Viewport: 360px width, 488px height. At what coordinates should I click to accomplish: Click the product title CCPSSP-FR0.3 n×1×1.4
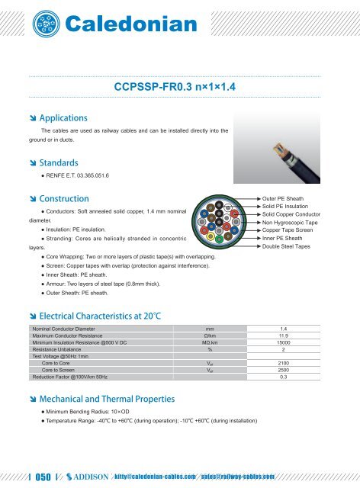(x=180, y=88)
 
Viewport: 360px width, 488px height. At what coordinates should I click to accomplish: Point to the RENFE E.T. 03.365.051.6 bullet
(x=73, y=176)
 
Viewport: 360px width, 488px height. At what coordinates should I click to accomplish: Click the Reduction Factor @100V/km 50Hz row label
(x=66, y=377)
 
